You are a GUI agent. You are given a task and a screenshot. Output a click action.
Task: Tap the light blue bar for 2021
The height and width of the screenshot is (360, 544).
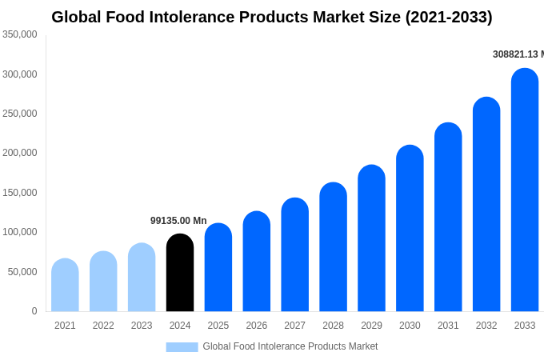(x=65, y=286)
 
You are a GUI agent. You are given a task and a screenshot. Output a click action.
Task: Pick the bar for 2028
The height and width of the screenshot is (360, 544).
(x=333, y=247)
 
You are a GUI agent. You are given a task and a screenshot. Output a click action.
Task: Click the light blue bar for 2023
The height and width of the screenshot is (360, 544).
(x=142, y=278)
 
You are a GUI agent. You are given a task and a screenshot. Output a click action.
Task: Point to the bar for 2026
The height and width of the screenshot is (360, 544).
(x=257, y=262)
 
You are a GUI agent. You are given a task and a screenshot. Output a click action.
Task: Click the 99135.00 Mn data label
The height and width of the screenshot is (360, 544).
(x=178, y=221)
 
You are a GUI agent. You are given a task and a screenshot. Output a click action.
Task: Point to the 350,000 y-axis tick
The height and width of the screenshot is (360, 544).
(x=19, y=34)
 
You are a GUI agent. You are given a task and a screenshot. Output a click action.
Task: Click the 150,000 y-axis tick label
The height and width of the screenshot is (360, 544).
(x=19, y=193)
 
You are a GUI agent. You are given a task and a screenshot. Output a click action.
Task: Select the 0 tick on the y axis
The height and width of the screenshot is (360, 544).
(x=34, y=311)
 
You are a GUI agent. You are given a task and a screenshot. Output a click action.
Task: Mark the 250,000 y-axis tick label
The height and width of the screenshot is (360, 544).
(x=19, y=114)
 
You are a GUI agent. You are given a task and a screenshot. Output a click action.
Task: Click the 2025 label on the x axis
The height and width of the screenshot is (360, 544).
(x=218, y=326)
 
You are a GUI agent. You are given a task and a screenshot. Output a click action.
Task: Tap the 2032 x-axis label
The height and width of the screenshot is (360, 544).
(x=486, y=326)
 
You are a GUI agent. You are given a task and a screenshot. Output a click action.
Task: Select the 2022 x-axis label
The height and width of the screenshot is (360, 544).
(x=103, y=326)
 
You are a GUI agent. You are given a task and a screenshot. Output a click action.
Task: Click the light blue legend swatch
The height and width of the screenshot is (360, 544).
(x=182, y=346)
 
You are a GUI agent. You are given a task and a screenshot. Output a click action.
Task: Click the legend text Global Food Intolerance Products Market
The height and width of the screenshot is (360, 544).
(x=290, y=346)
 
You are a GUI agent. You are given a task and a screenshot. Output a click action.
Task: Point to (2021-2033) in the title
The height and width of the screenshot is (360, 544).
(x=449, y=17)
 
